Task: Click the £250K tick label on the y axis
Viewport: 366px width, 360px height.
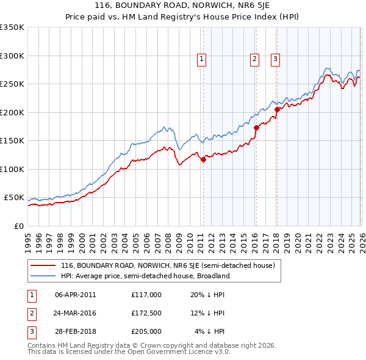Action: coord(12,84)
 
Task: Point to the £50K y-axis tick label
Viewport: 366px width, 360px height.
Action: coord(14,198)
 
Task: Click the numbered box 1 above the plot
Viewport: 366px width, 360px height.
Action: coord(201,59)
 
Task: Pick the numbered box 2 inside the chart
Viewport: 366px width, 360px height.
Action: coord(254,59)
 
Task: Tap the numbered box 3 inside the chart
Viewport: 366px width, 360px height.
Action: coord(275,59)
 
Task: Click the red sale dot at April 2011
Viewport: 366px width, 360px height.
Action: coord(203,160)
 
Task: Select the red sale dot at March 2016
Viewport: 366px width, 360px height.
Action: coord(256,128)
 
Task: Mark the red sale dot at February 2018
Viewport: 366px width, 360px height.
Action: coord(277,110)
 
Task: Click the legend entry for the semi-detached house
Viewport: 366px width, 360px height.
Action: coord(168,266)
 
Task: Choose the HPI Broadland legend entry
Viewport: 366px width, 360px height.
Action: coord(145,276)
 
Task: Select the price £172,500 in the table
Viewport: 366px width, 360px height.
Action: coord(146,313)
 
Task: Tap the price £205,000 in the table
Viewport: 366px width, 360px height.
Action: coord(146,331)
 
